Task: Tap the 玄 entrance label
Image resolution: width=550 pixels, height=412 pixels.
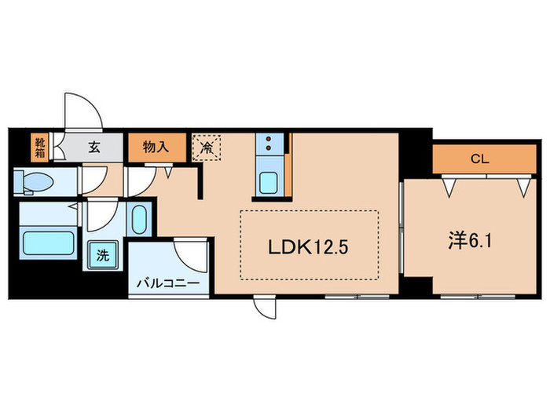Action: tap(93, 146)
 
